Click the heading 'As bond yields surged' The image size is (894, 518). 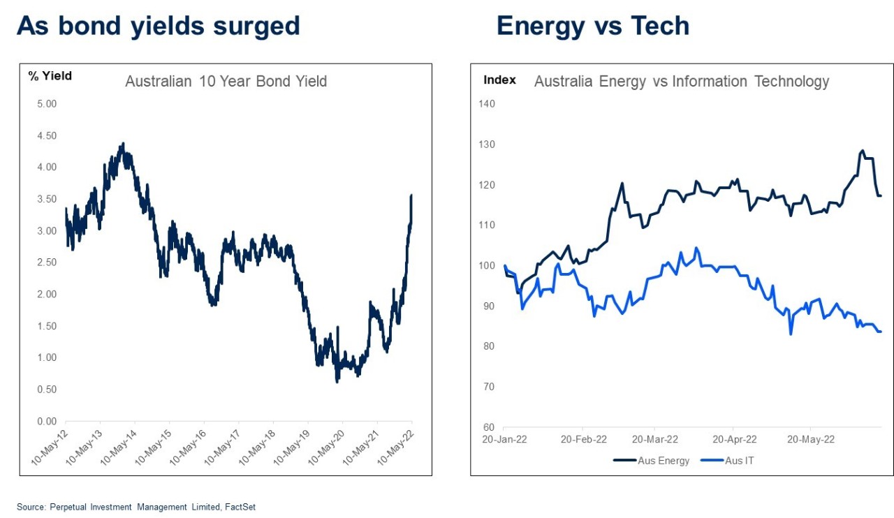click(158, 26)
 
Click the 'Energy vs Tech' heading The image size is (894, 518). click(592, 26)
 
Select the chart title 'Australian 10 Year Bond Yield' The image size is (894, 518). click(226, 82)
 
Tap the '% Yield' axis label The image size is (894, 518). click(50, 76)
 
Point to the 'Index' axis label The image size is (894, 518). click(499, 80)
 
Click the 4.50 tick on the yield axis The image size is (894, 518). click(46, 135)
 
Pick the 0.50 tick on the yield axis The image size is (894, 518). click(46, 390)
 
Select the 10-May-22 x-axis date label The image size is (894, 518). click(396, 445)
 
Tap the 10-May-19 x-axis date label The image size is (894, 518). click(292, 445)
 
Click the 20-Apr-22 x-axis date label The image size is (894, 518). click(733, 439)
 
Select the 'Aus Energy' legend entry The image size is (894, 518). click(652, 460)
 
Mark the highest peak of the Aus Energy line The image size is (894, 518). click(862, 151)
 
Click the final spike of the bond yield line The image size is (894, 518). click(411, 196)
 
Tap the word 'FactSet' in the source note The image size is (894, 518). click(240, 507)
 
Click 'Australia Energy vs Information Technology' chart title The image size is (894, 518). click(681, 82)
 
